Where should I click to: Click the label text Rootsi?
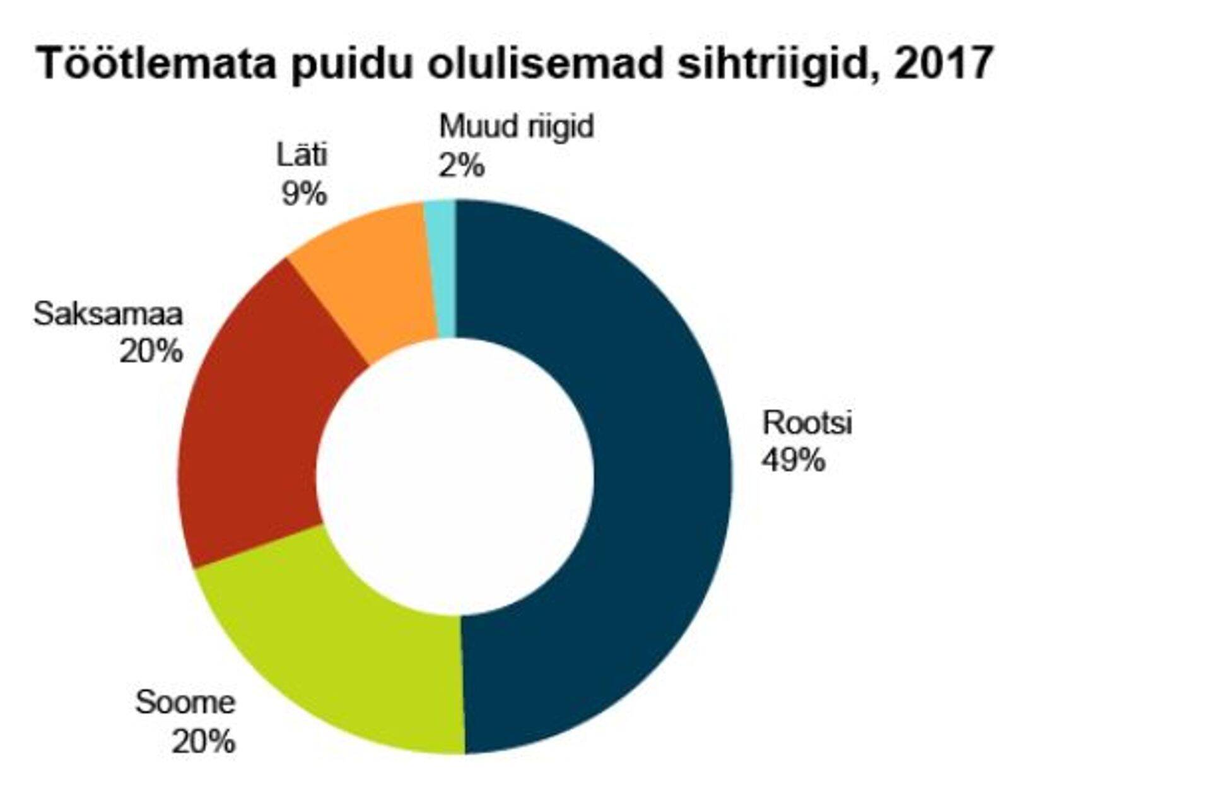(x=807, y=422)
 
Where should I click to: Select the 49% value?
(x=793, y=460)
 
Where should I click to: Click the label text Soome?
(x=185, y=702)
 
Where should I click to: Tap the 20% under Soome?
(x=203, y=741)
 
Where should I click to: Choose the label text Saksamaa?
(x=108, y=314)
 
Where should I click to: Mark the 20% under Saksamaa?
(x=151, y=351)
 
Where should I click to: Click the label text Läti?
(x=302, y=155)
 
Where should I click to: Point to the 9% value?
(x=304, y=193)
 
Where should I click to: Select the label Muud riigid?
(x=516, y=126)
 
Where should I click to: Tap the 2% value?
(x=461, y=166)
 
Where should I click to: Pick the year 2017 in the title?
(x=943, y=62)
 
